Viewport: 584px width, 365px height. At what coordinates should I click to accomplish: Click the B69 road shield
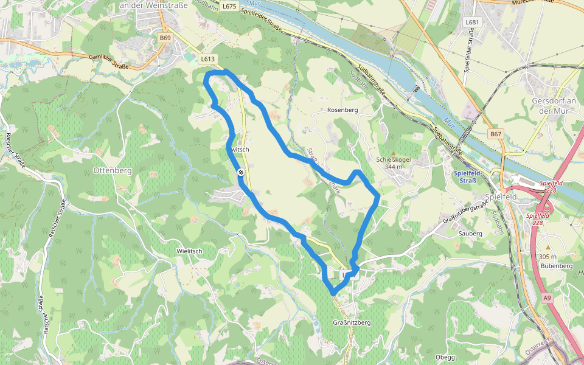click(164, 38)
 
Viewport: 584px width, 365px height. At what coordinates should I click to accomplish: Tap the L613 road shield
click(207, 59)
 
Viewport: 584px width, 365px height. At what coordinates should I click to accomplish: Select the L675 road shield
click(229, 6)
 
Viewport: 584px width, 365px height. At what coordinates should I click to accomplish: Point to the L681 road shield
click(472, 23)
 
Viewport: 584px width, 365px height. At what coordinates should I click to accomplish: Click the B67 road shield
click(496, 134)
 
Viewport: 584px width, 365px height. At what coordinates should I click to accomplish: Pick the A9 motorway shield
click(547, 297)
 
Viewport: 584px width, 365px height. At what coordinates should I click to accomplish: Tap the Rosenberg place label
click(342, 110)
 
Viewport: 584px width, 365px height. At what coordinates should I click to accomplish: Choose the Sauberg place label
click(470, 233)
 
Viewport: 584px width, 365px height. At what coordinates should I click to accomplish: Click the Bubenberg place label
click(556, 266)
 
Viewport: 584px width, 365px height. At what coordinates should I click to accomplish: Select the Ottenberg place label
click(113, 171)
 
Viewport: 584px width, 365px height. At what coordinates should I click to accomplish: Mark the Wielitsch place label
click(189, 251)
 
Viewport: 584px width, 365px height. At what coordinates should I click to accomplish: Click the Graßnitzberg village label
click(352, 322)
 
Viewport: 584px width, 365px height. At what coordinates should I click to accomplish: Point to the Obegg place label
click(445, 356)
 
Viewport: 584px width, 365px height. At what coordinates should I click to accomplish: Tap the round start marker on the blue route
click(241, 173)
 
